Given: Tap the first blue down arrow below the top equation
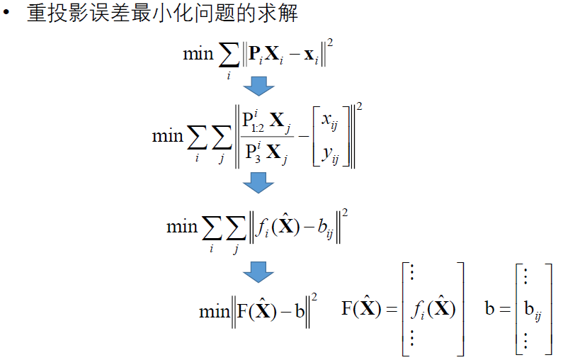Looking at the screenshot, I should [258, 85].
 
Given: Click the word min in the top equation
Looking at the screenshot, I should [198, 54].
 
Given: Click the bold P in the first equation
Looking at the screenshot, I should [256, 55].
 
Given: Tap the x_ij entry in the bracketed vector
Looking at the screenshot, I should [330, 121].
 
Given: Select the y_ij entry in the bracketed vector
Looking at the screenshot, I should [330, 153].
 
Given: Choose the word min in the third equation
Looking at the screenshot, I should [181, 227].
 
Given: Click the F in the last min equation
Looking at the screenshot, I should [241, 312].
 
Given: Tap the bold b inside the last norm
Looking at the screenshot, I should [300, 312].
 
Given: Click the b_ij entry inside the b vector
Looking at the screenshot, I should [530, 310].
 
